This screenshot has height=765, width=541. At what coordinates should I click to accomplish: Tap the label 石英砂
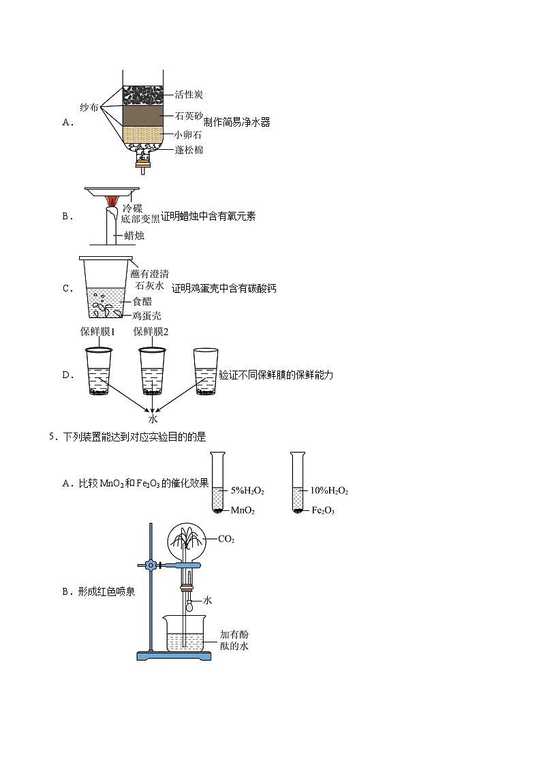tap(189, 116)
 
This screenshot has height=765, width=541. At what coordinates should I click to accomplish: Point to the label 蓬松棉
tap(189, 150)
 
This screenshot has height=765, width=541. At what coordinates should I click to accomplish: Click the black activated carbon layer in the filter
tap(142, 95)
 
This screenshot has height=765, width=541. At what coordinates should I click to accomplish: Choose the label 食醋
tap(142, 300)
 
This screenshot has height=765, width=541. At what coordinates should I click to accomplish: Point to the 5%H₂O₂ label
tap(247, 490)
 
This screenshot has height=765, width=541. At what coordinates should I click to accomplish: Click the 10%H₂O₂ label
tap(329, 490)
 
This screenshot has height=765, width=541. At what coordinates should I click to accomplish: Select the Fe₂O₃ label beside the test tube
tap(324, 510)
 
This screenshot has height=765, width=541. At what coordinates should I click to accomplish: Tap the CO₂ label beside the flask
tap(226, 539)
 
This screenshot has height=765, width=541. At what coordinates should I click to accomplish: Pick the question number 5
tap(52, 437)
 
